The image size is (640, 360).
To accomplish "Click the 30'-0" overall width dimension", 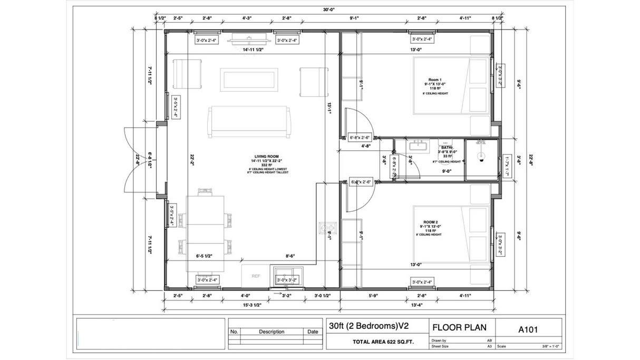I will click(x=328, y=9).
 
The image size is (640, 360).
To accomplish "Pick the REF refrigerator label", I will click(x=256, y=276).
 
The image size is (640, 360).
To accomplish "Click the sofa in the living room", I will click(x=251, y=122).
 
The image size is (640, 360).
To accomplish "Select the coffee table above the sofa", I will click(x=249, y=80).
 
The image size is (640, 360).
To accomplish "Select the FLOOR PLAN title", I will click(x=455, y=327).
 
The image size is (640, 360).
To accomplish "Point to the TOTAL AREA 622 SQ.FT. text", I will click(x=383, y=342).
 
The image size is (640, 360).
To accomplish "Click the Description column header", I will click(x=271, y=332).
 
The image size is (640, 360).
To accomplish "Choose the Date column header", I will click(x=313, y=332).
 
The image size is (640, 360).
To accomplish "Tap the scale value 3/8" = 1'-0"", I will click(x=550, y=346).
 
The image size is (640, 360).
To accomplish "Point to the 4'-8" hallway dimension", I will click(x=367, y=147).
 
